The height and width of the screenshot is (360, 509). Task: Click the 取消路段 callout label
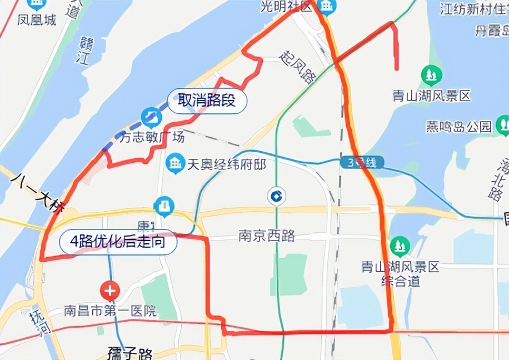tap(207, 101)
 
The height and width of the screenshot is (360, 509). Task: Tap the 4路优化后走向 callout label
tap(117, 242)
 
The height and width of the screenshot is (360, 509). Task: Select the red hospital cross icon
tap(110, 290)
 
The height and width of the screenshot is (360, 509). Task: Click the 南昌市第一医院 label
tap(110, 310)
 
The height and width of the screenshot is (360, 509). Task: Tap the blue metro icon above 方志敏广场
tap(151, 117)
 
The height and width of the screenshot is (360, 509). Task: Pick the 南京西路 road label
tap(267, 236)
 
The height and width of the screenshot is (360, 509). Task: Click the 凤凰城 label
tap(37, 20)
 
